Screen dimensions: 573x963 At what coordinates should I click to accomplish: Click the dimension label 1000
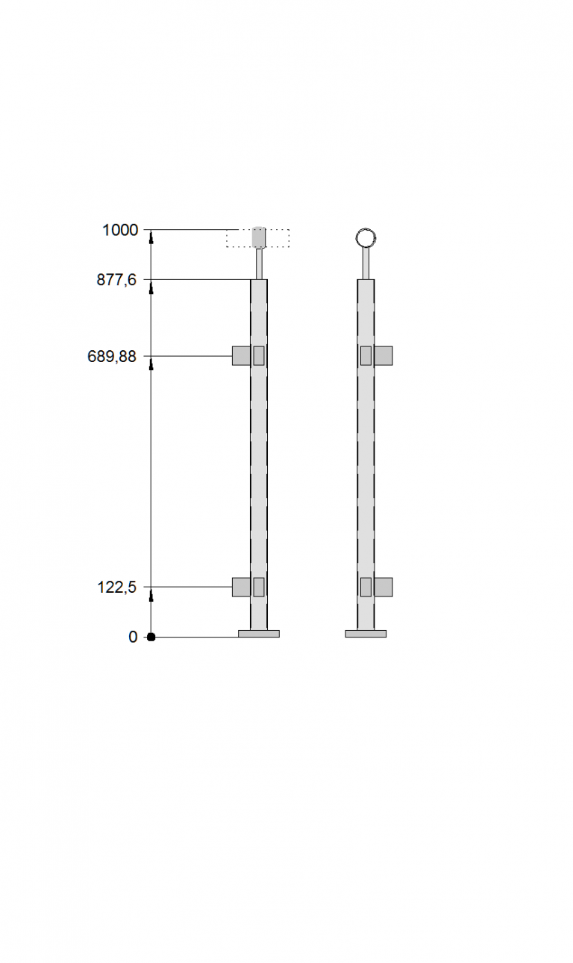[120, 231]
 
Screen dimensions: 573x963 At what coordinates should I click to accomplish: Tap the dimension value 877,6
[116, 280]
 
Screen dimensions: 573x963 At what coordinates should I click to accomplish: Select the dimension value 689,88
[112, 356]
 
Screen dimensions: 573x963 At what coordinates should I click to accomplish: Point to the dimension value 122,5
[117, 587]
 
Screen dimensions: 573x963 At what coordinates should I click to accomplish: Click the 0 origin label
[133, 637]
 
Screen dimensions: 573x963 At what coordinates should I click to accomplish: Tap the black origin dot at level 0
[151, 637]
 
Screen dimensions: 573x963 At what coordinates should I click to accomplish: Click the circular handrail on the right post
[366, 228]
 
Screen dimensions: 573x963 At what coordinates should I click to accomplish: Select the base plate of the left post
[259, 634]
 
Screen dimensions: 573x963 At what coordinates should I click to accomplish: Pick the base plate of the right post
[366, 634]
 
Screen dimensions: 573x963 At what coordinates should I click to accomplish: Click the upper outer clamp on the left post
[242, 356]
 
